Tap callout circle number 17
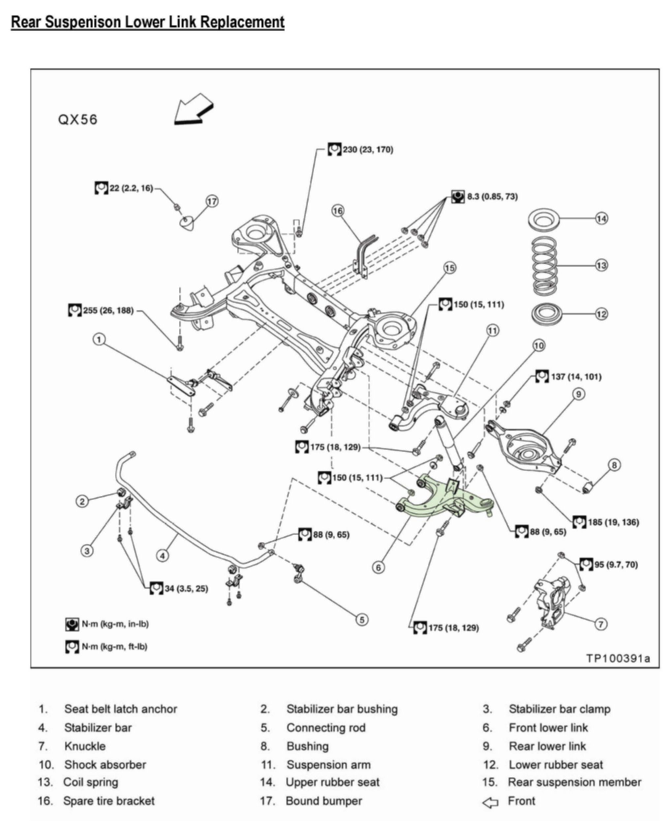212,201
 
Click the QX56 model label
78,119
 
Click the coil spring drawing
545,265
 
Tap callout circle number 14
601,218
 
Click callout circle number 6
379,567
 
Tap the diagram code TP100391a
618,658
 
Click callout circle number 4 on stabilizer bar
163,556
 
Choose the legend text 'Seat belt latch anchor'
121,709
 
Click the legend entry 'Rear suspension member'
574,782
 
